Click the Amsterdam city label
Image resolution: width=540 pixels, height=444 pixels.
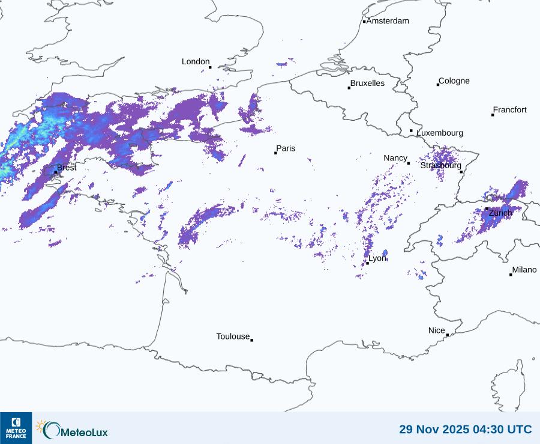pyautogui.click(x=388, y=21)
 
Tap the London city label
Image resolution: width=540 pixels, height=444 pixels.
pyautogui.click(x=196, y=62)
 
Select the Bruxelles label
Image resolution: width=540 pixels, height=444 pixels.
pyautogui.click(x=367, y=84)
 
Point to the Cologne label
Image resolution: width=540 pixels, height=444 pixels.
pyautogui.click(x=454, y=81)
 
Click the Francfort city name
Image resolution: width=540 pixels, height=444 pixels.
pyautogui.click(x=510, y=110)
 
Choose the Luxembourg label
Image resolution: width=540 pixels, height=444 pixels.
pyautogui.click(x=440, y=133)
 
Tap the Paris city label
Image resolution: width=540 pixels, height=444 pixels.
pyautogui.click(x=286, y=148)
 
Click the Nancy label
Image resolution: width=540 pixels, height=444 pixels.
pyautogui.click(x=395, y=158)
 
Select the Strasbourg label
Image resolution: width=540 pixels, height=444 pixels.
pyautogui.click(x=440, y=165)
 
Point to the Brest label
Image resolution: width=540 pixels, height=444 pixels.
pyautogui.click(x=67, y=168)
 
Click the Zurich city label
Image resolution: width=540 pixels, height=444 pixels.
pyautogui.click(x=500, y=213)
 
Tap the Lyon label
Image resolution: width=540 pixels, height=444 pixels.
pyautogui.click(x=377, y=258)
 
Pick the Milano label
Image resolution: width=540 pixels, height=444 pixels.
pyautogui.click(x=524, y=270)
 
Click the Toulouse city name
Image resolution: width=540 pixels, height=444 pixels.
pyautogui.click(x=233, y=336)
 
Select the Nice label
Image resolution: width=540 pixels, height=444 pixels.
pyautogui.click(x=436, y=330)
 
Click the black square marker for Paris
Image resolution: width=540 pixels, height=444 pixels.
pyautogui.click(x=275, y=153)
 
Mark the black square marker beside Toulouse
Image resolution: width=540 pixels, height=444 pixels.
pyautogui.click(x=251, y=340)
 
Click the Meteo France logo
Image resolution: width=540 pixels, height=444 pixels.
pyautogui.click(x=16, y=428)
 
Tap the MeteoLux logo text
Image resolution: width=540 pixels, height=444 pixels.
pyautogui.click(x=84, y=431)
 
